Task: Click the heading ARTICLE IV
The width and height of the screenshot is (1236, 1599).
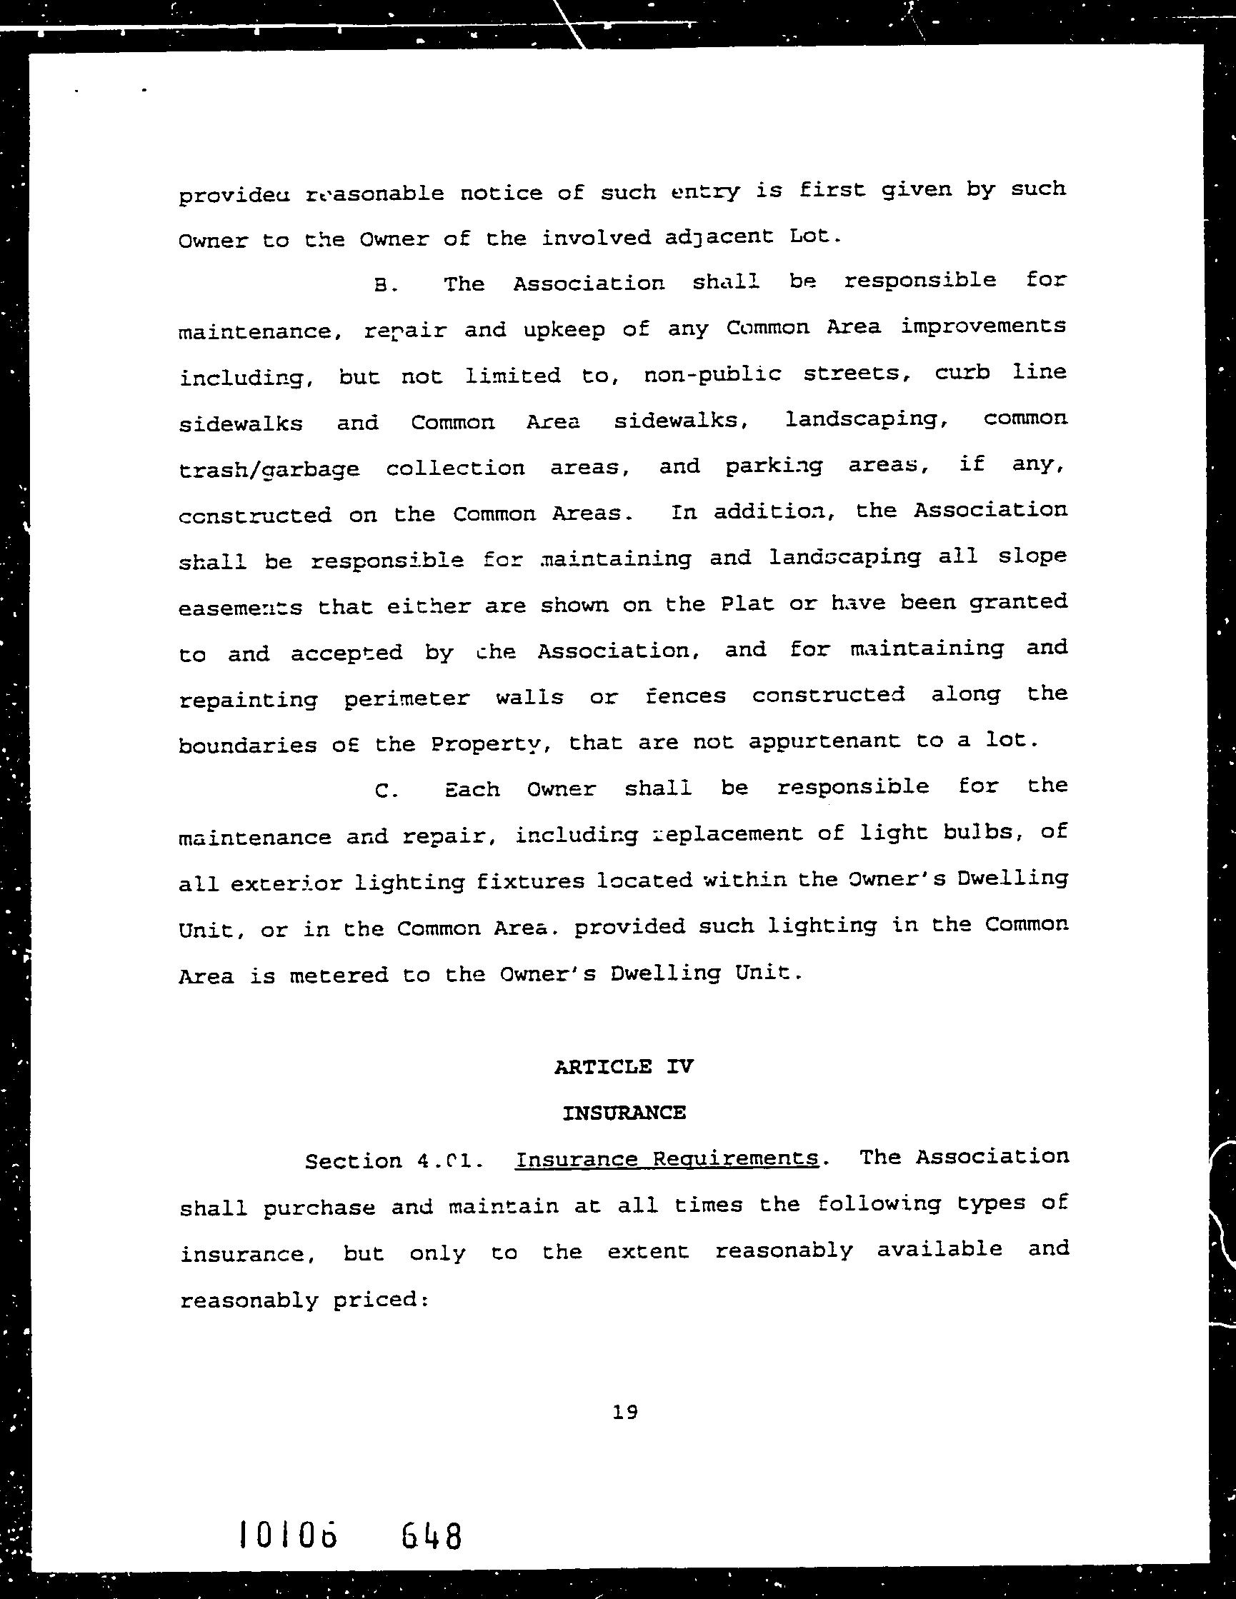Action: [623, 1067]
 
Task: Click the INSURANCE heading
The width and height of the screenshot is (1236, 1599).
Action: [624, 1113]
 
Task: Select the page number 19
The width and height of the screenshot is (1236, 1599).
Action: [624, 1413]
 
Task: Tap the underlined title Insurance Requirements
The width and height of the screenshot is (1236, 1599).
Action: [667, 1159]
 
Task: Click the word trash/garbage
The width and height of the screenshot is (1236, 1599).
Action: [269, 469]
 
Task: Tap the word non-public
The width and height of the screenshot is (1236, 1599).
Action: [712, 374]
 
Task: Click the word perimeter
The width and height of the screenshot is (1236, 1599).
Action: [407, 698]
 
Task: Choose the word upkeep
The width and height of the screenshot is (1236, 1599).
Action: [564, 329]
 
